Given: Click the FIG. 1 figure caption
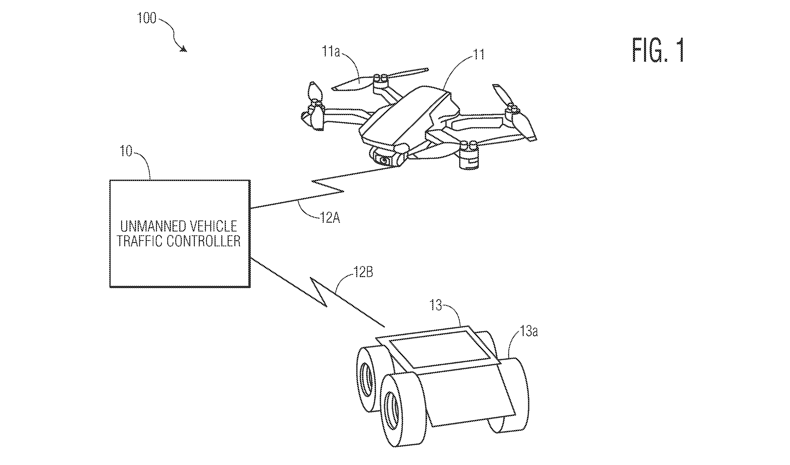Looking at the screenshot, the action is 658,50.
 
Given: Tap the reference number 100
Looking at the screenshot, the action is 147,18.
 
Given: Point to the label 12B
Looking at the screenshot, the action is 363,272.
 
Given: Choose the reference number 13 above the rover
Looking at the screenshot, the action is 436,305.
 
